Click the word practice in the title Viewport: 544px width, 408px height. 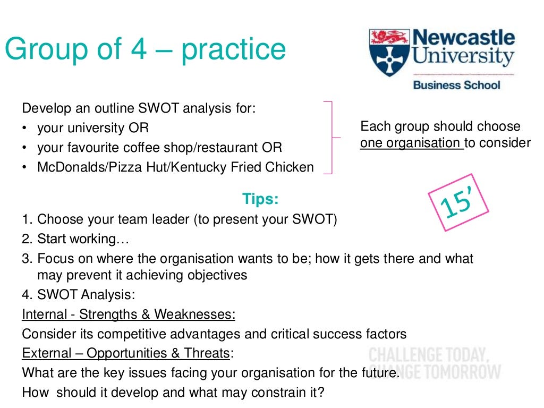click(x=233, y=50)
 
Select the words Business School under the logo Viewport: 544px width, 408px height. click(x=456, y=84)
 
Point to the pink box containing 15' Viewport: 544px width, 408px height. click(x=458, y=202)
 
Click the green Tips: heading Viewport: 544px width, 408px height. click(x=260, y=199)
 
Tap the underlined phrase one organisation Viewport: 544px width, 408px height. click(x=411, y=143)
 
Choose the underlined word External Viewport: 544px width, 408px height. click(x=45, y=353)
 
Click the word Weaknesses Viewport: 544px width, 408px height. click(x=194, y=314)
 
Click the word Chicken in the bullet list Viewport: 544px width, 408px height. click(x=291, y=167)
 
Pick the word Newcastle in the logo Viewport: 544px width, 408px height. click(x=464, y=38)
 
